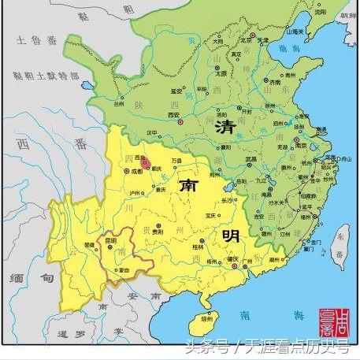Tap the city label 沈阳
(319, 13)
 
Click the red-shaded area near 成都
(145, 162)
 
